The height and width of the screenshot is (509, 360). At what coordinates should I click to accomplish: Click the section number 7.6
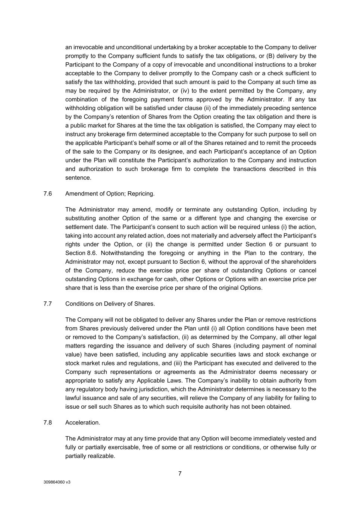(x=47, y=194)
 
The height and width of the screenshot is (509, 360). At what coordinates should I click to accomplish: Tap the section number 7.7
(x=47, y=304)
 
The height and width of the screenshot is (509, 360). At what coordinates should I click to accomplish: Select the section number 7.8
(x=47, y=422)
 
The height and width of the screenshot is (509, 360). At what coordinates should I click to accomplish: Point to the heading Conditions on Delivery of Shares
(x=110, y=304)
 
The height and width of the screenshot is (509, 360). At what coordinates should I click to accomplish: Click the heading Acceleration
(x=82, y=422)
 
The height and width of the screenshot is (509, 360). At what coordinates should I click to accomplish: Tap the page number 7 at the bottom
(x=180, y=474)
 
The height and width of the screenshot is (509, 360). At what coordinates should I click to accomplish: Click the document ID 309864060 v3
(x=57, y=482)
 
